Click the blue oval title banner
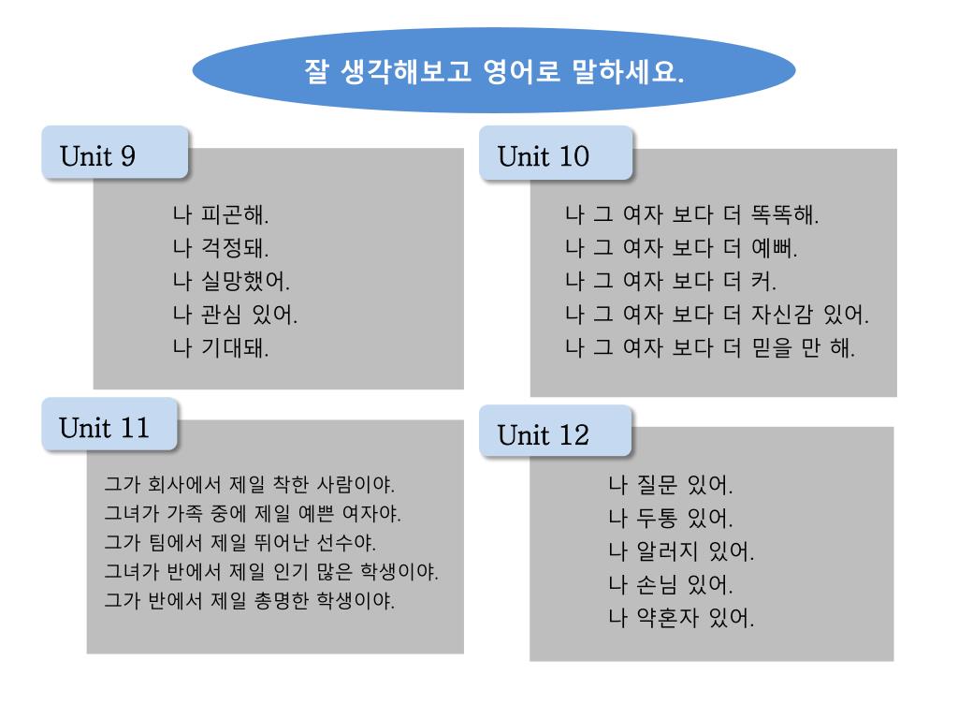pos(493,71)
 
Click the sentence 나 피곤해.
pos(222,214)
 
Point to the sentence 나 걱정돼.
pos(222,248)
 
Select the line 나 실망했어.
pos(232,281)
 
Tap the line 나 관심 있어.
pos(236,315)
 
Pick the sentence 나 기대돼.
pos(222,348)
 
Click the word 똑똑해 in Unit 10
pos(784,214)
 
